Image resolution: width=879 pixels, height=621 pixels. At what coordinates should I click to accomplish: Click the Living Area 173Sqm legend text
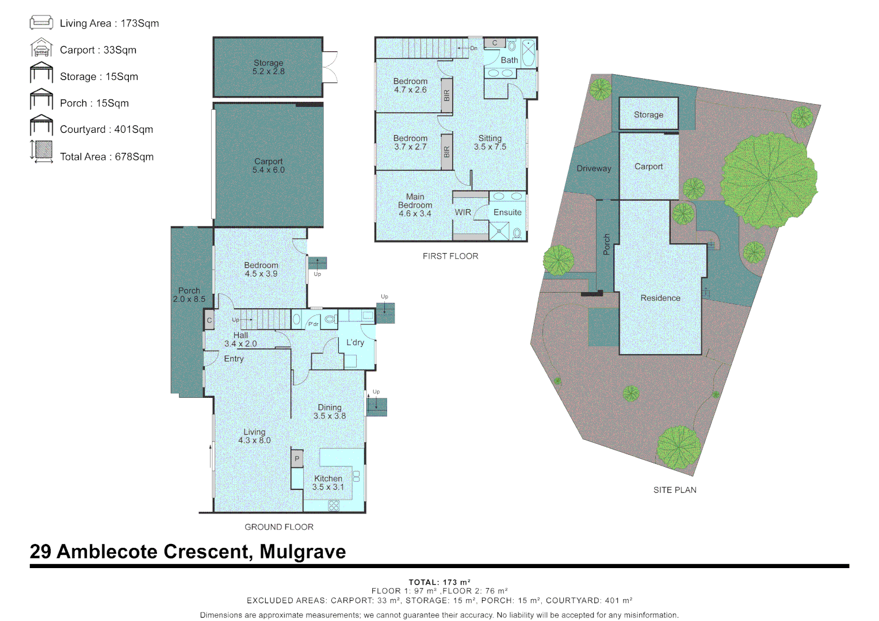click(109, 24)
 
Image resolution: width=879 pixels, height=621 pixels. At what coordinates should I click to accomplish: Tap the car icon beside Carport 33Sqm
click(41, 49)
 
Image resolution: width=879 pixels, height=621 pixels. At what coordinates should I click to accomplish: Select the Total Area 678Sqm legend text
click(106, 157)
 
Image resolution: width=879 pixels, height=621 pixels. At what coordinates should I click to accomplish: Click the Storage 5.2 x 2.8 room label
click(268, 67)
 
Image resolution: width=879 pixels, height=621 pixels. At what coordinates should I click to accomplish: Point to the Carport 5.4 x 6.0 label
click(268, 166)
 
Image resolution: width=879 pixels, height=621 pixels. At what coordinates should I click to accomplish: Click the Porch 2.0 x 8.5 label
click(189, 295)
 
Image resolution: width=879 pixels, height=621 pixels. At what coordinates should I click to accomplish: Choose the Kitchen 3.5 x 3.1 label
click(328, 482)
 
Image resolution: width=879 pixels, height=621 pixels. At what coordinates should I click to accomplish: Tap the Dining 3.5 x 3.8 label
click(330, 412)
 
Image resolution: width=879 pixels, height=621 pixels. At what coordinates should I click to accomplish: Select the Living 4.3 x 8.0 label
click(254, 436)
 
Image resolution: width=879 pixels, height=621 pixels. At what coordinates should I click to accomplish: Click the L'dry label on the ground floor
click(355, 343)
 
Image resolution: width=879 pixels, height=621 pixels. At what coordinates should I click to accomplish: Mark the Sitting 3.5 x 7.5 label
click(490, 143)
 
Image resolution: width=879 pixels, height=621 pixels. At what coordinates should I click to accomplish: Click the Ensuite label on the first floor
click(507, 213)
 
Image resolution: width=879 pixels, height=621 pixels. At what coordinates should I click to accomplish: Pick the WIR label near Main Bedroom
click(463, 213)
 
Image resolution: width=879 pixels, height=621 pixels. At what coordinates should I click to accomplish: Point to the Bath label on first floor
click(509, 60)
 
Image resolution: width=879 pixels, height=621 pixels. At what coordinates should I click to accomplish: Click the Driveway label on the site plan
click(594, 168)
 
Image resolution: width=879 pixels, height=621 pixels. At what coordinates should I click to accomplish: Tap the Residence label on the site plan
click(660, 298)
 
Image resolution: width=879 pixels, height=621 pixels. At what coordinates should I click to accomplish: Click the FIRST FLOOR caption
click(450, 256)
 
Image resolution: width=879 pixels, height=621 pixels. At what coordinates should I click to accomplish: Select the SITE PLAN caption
click(674, 490)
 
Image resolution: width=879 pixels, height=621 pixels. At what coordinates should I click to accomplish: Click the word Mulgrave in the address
click(303, 551)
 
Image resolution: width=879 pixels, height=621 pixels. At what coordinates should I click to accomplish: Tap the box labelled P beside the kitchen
click(297, 459)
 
